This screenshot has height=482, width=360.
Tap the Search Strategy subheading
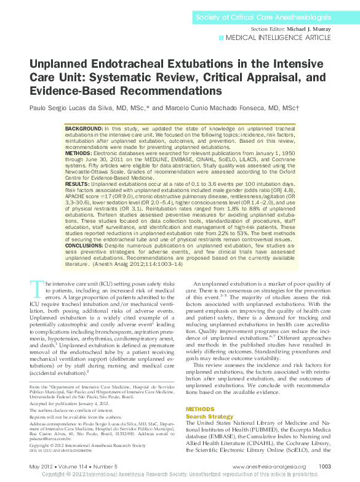210,416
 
